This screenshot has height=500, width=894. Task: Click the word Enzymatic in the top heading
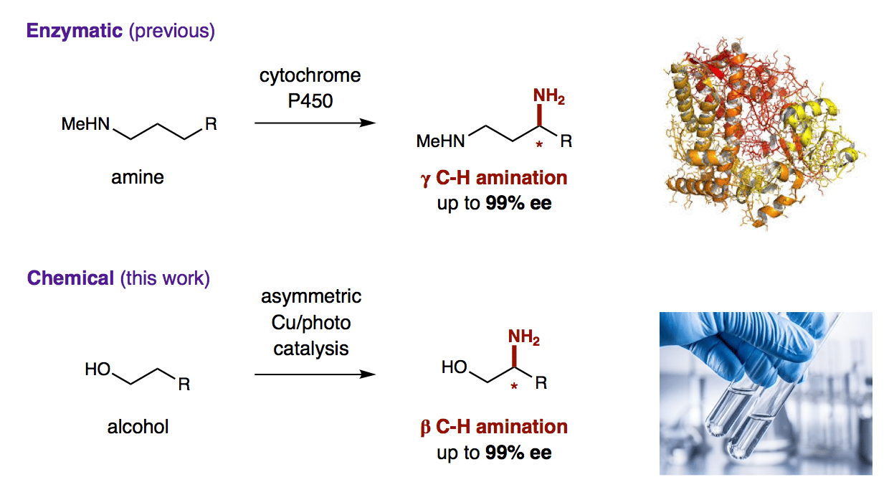point(75,32)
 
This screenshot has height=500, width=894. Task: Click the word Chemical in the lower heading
point(70,278)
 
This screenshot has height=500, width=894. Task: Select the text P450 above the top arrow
point(310,101)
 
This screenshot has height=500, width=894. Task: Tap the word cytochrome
point(310,76)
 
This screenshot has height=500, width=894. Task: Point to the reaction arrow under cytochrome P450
point(315,123)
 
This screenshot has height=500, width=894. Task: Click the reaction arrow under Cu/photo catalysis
point(315,374)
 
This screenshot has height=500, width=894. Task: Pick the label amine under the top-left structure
point(138,177)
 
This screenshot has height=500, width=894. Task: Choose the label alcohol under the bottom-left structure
point(138,427)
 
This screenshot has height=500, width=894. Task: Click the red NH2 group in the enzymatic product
point(548,97)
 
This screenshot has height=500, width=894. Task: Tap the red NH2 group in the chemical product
point(523,337)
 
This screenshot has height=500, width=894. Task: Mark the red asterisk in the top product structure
point(539,145)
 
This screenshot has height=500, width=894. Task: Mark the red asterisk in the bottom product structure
point(514,386)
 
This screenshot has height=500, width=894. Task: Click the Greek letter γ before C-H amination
point(425,179)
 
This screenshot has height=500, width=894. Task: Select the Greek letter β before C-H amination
point(425,427)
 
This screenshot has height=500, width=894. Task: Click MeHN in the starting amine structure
point(85,124)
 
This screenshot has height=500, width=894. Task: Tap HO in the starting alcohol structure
point(98,369)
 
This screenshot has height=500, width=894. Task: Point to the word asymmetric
point(311,297)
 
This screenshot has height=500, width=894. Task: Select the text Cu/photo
point(311,323)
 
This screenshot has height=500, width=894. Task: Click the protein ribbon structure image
point(764,135)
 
